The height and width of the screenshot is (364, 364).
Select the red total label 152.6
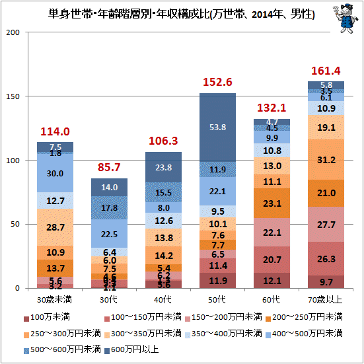point(217,82)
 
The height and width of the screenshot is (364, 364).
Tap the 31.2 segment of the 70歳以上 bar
point(326,159)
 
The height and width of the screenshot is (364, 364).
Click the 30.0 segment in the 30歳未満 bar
point(55,173)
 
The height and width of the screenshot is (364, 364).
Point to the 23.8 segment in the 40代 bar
point(163,168)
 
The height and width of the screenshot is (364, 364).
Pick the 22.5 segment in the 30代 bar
point(109,233)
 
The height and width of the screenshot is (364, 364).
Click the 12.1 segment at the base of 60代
point(272,281)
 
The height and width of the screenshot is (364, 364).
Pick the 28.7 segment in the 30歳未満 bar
point(55,227)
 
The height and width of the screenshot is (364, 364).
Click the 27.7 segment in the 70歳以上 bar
point(326,225)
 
